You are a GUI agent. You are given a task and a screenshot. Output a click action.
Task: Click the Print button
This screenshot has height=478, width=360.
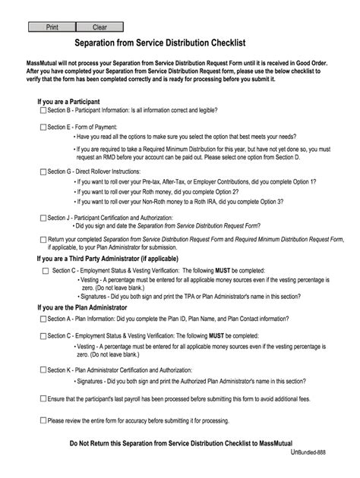52,27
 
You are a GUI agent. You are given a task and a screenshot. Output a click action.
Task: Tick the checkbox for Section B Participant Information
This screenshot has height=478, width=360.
43,110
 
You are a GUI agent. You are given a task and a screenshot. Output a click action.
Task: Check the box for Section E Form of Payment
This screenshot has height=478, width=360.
43,127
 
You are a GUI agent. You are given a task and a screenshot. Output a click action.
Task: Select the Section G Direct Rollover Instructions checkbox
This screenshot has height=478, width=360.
43,172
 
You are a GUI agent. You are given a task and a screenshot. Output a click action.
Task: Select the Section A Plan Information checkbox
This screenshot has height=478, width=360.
43,319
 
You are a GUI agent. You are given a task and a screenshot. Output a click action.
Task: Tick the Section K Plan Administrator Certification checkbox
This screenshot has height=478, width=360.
43,370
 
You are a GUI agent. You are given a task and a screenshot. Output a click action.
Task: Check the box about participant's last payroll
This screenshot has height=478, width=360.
43,398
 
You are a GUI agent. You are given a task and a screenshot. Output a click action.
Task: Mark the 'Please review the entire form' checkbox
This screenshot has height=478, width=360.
43,420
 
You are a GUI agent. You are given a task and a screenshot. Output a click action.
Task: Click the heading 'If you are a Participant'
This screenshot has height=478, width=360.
69,101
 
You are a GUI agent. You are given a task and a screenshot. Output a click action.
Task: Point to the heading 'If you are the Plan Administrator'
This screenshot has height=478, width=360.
82,308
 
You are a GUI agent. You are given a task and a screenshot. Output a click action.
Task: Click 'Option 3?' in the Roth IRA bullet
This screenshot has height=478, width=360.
269,202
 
